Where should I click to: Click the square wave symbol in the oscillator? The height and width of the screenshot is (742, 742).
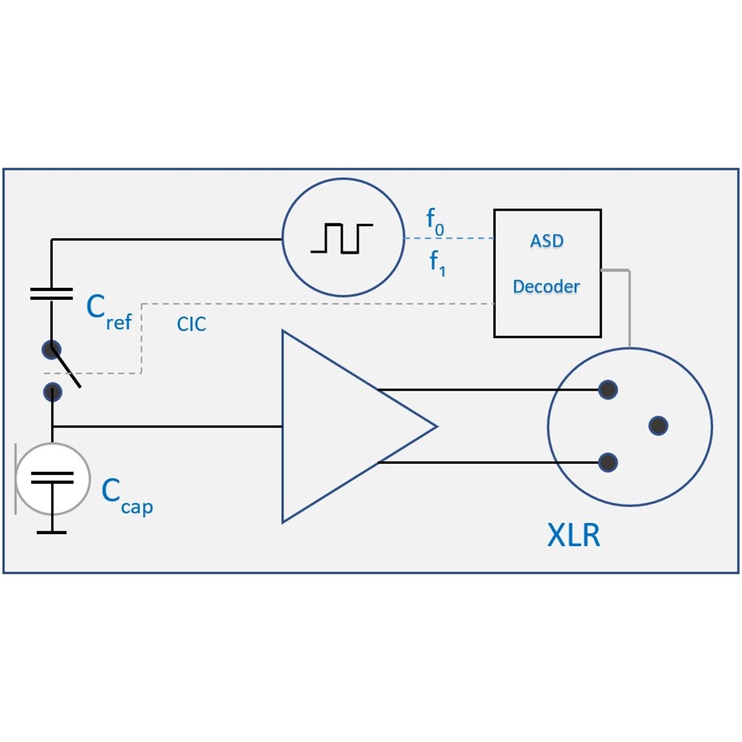[341, 238]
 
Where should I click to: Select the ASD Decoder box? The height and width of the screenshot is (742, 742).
[547, 272]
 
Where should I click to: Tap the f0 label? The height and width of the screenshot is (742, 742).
[435, 220]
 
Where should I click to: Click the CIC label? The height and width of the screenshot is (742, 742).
[191, 324]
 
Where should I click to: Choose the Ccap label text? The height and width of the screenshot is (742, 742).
[127, 496]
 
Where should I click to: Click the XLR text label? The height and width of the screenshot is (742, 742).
[573, 535]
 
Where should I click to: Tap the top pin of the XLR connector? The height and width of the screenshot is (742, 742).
[608, 389]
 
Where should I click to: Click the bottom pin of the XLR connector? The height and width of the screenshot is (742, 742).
[608, 462]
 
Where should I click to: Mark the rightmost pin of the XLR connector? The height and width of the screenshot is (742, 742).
[657, 426]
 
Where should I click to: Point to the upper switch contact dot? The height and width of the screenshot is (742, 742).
[51, 349]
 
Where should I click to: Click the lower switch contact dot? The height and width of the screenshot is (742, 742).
[52, 392]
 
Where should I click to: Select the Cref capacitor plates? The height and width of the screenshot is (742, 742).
[51, 293]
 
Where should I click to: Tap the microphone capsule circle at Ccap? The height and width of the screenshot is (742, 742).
[52, 479]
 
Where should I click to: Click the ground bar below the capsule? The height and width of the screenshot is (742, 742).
[51, 531]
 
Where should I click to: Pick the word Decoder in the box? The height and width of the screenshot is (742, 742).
[546, 286]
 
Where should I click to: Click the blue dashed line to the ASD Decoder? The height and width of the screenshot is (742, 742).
[449, 238]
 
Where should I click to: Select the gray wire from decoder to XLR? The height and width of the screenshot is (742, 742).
[629, 304]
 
